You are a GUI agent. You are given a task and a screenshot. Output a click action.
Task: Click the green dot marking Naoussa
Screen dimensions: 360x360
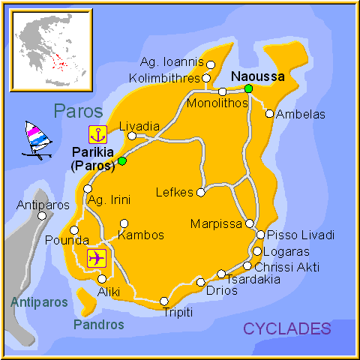coord(248,88)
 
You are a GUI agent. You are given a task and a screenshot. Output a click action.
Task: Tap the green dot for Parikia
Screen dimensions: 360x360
coord(122,160)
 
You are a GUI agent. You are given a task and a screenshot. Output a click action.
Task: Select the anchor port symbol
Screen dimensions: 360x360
coord(97,135)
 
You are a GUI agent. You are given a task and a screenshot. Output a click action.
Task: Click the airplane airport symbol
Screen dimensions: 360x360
coord(97,258)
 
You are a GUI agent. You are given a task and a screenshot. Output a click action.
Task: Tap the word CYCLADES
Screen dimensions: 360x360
coord(286,328)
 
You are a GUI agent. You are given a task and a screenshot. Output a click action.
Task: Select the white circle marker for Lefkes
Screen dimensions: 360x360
coord(201,193)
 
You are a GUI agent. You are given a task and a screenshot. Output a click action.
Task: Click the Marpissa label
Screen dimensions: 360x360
coord(216,224)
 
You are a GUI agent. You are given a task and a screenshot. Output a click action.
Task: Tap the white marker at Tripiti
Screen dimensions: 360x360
coord(164,301)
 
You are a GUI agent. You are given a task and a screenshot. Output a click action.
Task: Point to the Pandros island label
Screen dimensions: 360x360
coord(99,325)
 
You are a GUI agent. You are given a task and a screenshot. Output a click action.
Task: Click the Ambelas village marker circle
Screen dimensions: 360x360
coord(269,114)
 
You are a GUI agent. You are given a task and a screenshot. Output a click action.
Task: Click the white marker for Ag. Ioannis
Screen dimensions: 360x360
coord(211,64)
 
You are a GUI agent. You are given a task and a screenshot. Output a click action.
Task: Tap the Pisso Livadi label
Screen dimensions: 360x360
coord(301,235)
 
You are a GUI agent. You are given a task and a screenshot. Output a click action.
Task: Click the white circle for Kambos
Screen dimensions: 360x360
coord(124,223)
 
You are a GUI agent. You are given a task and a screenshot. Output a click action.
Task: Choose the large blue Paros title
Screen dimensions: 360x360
coord(78,111)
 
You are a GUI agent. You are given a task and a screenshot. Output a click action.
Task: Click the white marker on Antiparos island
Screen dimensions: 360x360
coord(42,216)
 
